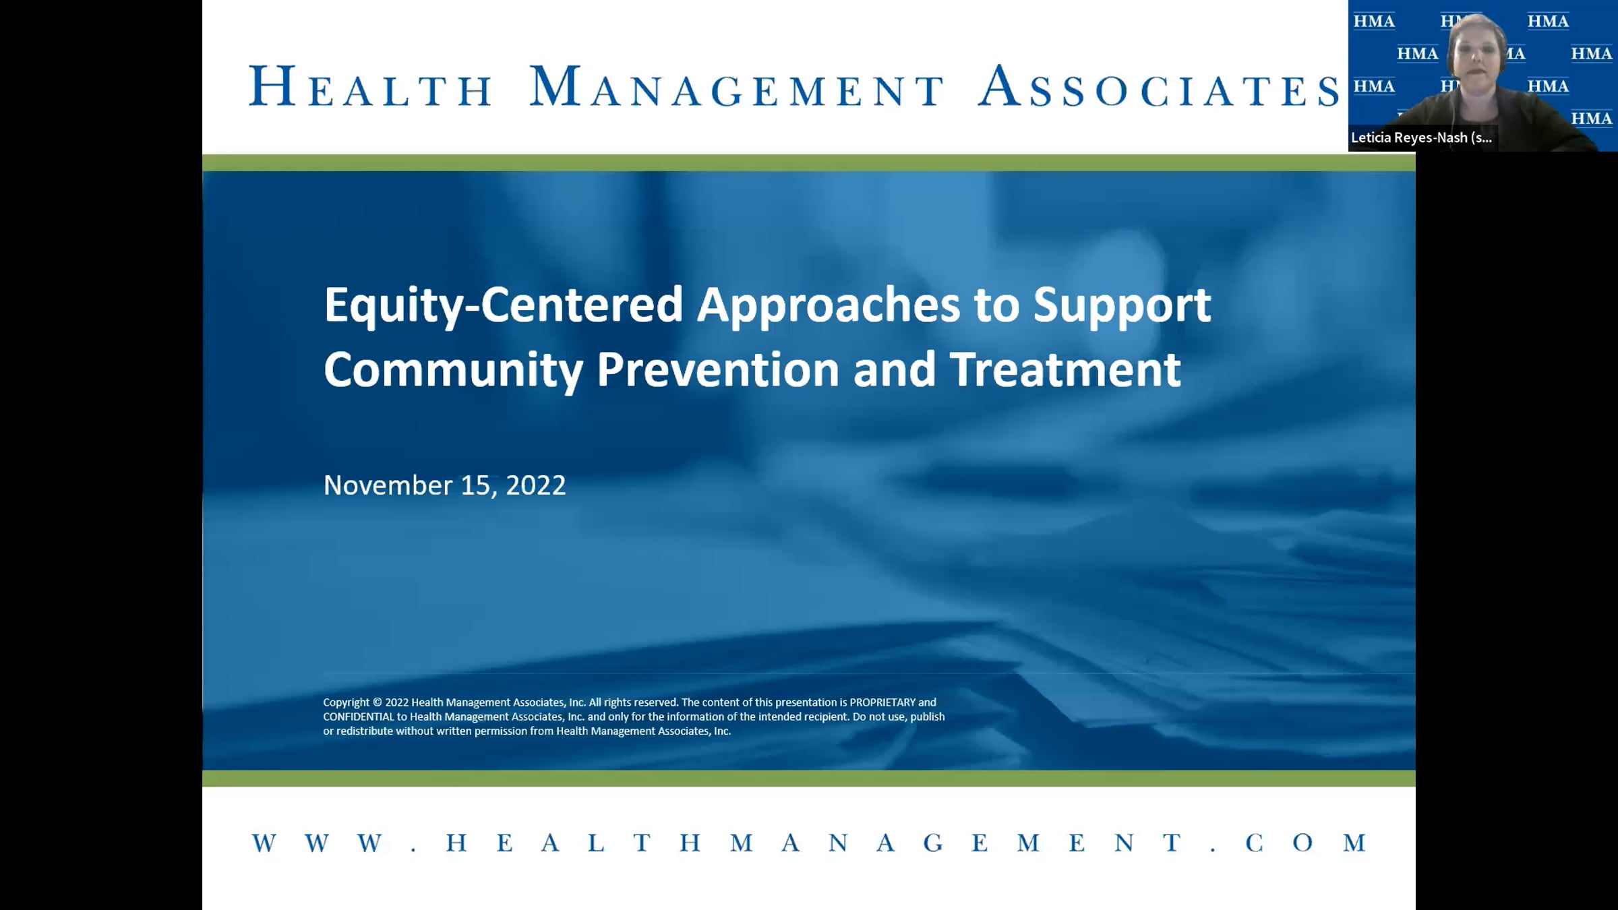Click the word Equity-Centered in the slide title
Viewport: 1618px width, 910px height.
(504, 306)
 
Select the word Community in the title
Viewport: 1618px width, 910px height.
(453, 371)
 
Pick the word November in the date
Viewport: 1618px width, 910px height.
(388, 485)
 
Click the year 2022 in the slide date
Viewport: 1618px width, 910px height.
(535, 485)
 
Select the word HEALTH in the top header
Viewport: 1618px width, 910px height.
(370, 86)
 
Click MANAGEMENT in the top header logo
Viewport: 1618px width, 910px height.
(737, 86)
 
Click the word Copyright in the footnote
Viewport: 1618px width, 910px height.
(346, 702)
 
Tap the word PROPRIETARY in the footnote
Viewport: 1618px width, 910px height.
(882, 702)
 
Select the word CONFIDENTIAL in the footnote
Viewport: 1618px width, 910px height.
(358, 717)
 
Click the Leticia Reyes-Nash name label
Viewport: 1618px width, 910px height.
(1421, 138)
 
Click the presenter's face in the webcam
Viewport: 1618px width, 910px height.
(1476, 54)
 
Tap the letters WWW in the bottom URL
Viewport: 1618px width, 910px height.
(318, 843)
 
